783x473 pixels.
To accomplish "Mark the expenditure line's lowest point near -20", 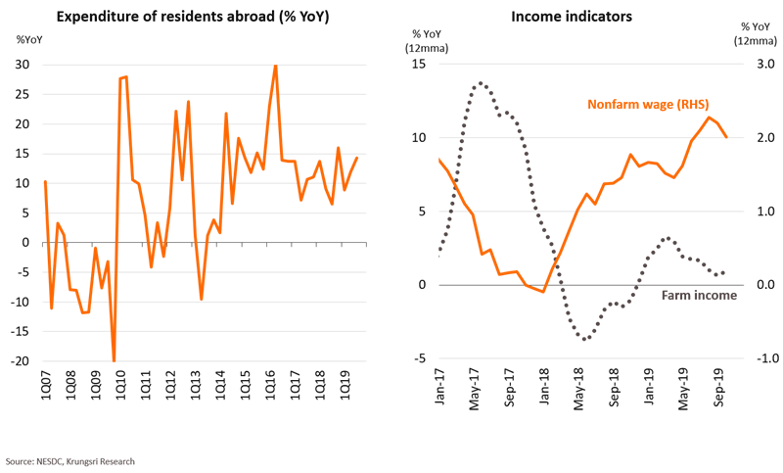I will pyautogui.click(x=115, y=360).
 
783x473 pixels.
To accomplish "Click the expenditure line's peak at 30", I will pyautogui.click(x=275, y=66).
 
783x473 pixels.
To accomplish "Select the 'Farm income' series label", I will pyautogui.click(x=698, y=294).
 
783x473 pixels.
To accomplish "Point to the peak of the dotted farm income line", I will pyautogui.click(x=479, y=82).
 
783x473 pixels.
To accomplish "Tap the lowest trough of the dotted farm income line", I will pyautogui.click(x=585, y=340).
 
